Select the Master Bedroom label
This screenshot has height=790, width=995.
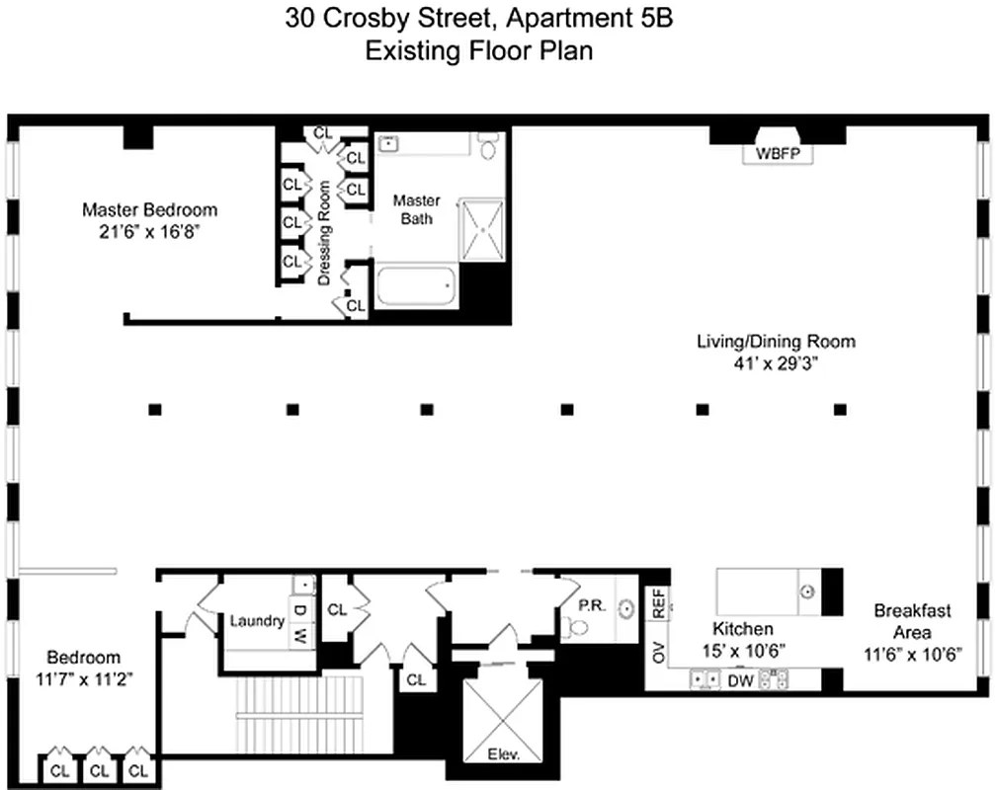point(149,210)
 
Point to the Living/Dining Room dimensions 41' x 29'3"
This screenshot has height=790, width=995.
point(776,363)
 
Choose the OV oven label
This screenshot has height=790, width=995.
point(657,652)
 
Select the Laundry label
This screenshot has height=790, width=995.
point(257,621)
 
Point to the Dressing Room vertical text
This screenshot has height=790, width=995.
point(323,233)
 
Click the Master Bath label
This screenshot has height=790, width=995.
point(416,209)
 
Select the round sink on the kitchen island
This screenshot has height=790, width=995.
point(807,592)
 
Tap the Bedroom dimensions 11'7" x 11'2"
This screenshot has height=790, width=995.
point(84,678)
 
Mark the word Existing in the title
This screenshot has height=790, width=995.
point(402,51)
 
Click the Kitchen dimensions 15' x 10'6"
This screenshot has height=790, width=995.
point(743,651)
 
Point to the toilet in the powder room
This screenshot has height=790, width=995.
point(577,626)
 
